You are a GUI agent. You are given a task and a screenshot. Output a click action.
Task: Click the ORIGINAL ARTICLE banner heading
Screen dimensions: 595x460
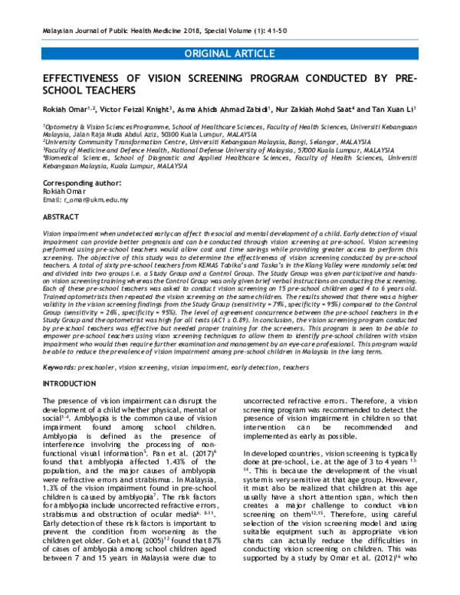click(x=230, y=53)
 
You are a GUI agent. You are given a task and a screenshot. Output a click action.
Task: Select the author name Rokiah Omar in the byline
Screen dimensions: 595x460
click(x=63, y=110)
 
